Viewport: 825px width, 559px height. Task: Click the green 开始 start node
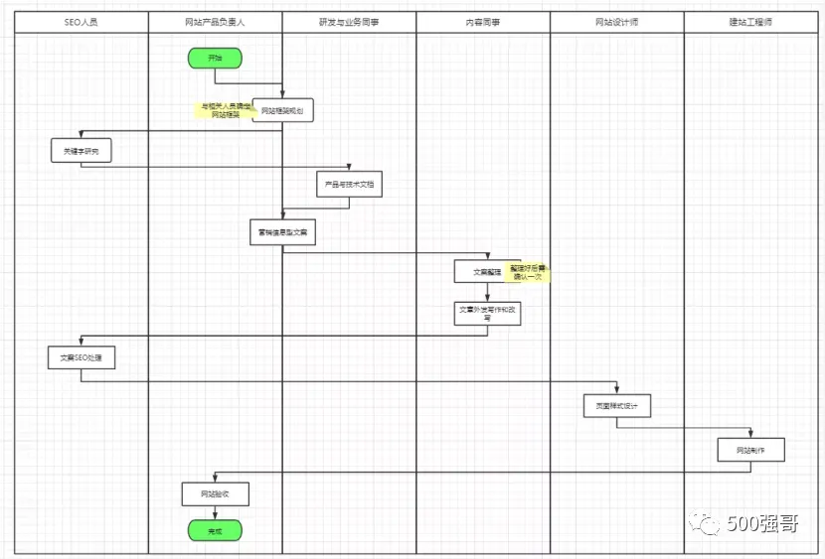pos(215,59)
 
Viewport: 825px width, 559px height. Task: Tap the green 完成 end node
pos(215,531)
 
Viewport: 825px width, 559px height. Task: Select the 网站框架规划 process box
pos(283,111)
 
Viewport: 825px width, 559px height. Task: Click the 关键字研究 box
pos(82,151)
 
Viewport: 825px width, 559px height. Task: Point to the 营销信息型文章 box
pos(282,232)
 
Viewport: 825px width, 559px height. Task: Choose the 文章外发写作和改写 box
pos(487,313)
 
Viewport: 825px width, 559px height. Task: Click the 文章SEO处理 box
pos(82,356)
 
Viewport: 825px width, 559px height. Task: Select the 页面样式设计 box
pos(617,405)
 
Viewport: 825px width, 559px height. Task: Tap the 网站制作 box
pos(751,450)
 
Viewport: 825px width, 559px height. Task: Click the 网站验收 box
pos(215,493)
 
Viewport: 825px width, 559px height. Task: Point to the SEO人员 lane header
pos(81,22)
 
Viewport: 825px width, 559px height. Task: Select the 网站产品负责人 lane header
pos(215,22)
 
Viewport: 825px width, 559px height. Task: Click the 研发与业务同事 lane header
pos(349,22)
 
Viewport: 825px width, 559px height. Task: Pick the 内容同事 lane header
pos(483,22)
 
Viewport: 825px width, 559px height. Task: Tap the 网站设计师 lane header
pos(616,22)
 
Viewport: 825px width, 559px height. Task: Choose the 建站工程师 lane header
pos(750,22)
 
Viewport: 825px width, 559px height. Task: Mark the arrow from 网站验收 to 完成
pos(215,513)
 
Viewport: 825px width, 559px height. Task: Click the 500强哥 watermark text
pos(761,524)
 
